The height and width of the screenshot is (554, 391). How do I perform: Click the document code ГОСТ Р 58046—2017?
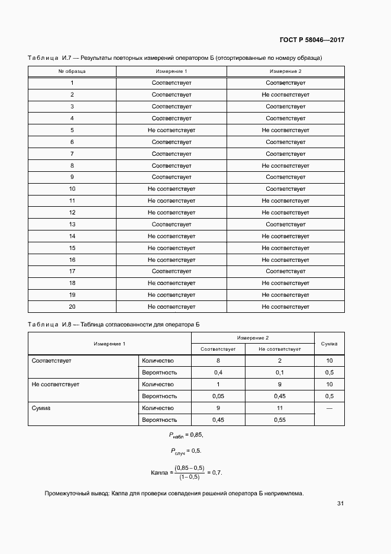coord(312,40)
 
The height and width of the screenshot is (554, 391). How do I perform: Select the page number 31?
coord(340,504)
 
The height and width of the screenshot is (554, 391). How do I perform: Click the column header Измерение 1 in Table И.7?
coord(172,71)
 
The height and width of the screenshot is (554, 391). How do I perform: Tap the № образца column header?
coord(72,71)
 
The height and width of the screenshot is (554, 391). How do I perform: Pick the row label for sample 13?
coord(72,225)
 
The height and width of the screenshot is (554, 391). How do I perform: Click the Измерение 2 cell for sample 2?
coord(285,95)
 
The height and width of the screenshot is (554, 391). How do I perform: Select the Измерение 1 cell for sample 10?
coord(172,189)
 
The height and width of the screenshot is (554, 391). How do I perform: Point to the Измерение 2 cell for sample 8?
coord(285,166)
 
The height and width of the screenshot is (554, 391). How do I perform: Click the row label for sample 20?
coord(72,307)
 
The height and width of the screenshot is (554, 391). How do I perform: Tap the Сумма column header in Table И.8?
coord(329,343)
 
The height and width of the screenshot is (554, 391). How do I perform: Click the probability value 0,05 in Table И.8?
coord(218,396)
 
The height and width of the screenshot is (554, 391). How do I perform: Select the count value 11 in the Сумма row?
coord(280,408)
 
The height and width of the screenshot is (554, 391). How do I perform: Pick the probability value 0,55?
coord(280,419)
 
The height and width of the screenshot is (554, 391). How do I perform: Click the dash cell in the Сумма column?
coord(329,408)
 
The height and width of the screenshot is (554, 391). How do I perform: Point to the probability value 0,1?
coord(280,373)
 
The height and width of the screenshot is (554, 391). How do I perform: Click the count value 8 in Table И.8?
coord(218,361)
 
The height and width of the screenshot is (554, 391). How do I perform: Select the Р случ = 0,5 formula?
coord(186,451)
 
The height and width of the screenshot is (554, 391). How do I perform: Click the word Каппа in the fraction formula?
coord(160,473)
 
